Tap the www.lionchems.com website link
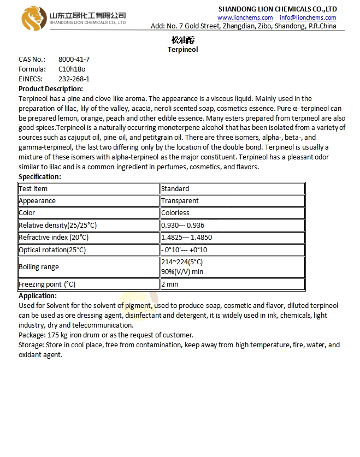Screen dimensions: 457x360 [x=245, y=17]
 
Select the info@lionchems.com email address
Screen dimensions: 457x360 [x=308, y=17]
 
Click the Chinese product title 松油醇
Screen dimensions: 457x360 [x=182, y=40]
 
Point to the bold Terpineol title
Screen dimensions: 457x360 [x=182, y=49]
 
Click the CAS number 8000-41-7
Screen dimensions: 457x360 [x=74, y=59]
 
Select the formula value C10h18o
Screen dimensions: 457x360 [x=72, y=69]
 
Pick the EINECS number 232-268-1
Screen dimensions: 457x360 [x=74, y=79]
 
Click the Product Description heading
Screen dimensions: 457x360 [x=51, y=88]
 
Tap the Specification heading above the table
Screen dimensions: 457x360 [x=40, y=176]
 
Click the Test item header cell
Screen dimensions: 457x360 [x=33, y=188]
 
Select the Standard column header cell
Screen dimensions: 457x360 [x=175, y=188]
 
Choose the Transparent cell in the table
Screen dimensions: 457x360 [x=180, y=200]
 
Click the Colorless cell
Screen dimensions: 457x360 [x=175, y=212]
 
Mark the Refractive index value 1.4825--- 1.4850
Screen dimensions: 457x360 [x=186, y=238]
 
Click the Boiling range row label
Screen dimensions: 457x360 [x=39, y=267]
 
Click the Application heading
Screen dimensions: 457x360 [x=38, y=295]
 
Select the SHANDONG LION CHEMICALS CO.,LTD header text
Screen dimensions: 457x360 [x=278, y=9]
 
